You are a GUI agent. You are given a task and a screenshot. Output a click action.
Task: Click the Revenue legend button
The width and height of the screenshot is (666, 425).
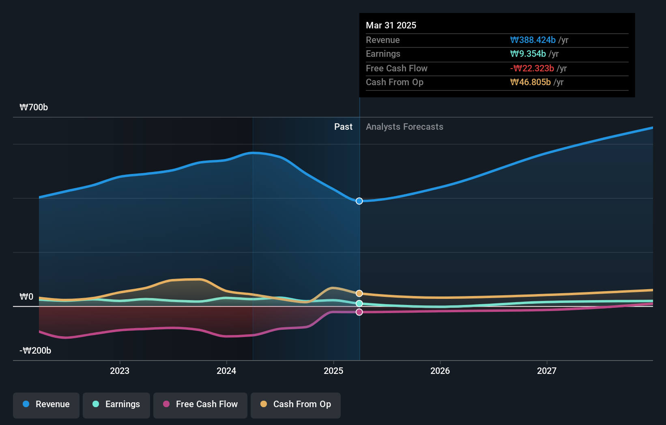point(46,404)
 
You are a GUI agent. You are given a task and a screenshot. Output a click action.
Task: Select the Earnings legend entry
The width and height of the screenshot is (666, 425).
point(116,404)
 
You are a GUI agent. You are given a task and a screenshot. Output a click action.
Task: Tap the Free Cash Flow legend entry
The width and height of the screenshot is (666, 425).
point(200,404)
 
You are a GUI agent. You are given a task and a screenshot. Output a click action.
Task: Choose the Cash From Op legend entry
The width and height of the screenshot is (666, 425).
point(296,404)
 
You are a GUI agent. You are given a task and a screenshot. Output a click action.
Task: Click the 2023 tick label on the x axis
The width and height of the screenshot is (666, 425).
point(120,371)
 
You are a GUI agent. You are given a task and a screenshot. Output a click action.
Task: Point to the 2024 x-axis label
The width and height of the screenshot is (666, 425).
point(226,371)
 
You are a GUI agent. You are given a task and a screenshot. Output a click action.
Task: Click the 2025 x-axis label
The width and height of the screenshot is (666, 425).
point(333,371)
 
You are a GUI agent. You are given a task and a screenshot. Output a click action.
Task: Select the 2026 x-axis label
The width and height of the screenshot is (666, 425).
point(440,371)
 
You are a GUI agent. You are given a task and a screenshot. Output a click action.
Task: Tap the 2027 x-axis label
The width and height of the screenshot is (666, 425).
point(547,371)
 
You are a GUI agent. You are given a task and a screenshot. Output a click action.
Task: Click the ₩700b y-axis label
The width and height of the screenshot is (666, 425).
point(34,107)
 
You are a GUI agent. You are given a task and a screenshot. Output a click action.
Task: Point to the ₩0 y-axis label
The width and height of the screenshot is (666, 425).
point(26,296)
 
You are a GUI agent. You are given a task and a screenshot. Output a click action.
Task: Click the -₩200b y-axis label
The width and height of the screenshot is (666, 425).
point(35,350)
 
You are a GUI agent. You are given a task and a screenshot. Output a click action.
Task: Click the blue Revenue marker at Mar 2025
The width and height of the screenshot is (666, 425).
point(359,201)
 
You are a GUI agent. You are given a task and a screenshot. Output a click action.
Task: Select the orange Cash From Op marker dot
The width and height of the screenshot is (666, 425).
point(359,293)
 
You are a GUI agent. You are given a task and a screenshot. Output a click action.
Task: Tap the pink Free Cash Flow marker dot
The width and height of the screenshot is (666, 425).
point(359,312)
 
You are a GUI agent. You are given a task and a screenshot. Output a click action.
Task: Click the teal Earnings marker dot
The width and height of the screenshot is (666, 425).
point(359,303)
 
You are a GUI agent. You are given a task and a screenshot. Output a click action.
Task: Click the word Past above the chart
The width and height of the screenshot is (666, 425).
point(343,127)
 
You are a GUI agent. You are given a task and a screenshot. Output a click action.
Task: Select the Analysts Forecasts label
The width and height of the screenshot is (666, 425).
point(404,127)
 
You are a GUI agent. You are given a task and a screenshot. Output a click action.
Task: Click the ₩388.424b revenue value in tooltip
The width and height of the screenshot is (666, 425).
point(533,40)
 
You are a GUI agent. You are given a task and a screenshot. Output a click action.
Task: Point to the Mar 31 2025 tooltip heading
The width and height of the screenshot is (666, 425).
point(391,25)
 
